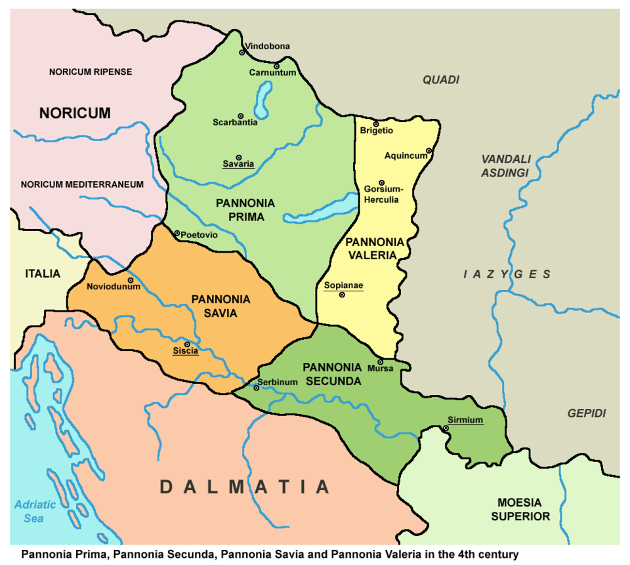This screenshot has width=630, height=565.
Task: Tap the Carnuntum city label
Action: pyautogui.click(x=272, y=73)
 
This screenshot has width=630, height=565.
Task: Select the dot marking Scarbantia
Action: pyautogui.click(x=240, y=115)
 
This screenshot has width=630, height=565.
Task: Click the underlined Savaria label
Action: pyautogui.click(x=238, y=164)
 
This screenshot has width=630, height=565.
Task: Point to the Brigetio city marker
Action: pyautogui.click(x=376, y=124)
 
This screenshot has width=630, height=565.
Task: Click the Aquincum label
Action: pyautogui.click(x=406, y=156)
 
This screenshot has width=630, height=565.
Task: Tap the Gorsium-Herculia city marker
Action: pyautogui.click(x=381, y=183)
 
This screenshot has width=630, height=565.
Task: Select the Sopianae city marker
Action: pyautogui.click(x=342, y=295)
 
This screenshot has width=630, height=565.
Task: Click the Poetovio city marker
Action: pyautogui.click(x=177, y=233)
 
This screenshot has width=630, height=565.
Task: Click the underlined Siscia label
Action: pyautogui.click(x=185, y=351)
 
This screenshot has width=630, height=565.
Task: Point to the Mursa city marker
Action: pyautogui.click(x=380, y=362)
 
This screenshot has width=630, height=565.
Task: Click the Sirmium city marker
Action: pyautogui.click(x=446, y=429)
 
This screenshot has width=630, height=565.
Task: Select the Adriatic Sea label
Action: pyautogui.click(x=31, y=511)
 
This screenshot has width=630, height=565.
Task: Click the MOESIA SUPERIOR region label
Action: pyautogui.click(x=520, y=509)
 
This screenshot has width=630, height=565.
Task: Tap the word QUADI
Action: pyautogui.click(x=440, y=80)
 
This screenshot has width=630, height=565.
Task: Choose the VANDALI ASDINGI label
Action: pyautogui.click(x=505, y=166)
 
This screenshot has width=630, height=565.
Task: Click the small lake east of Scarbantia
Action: pyautogui.click(x=264, y=100)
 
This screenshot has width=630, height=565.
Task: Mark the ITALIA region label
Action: pyautogui.click(x=43, y=274)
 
